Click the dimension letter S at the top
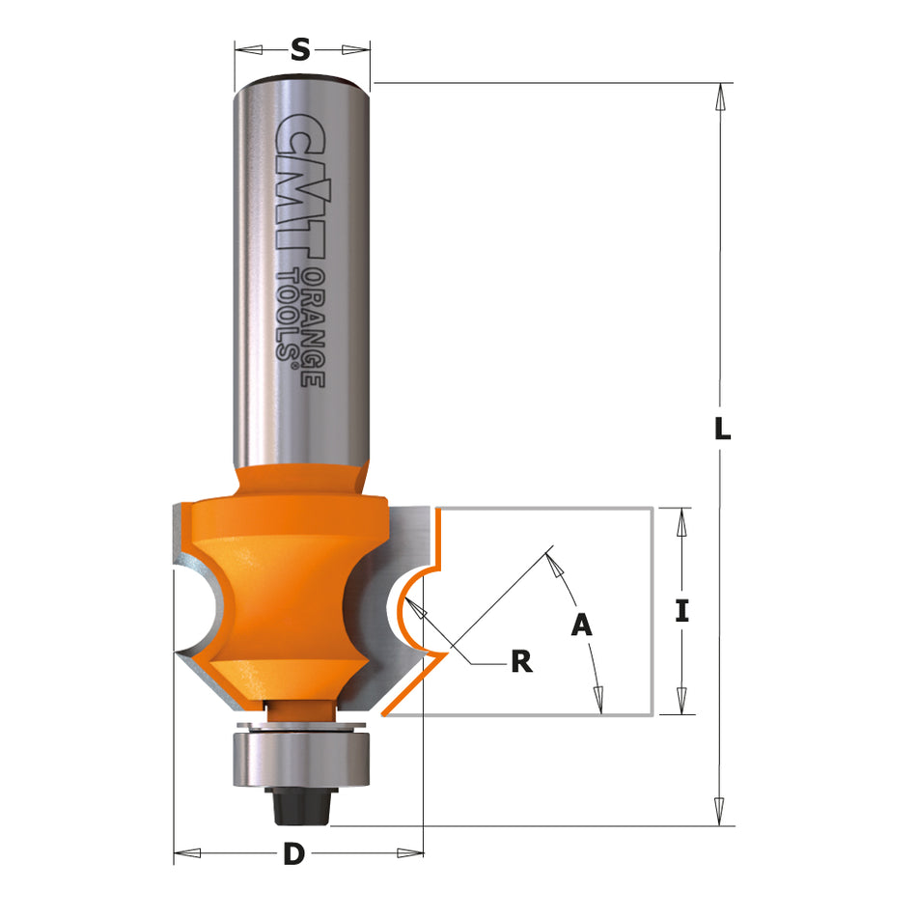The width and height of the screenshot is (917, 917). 301,50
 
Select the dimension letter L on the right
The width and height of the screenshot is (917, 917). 721,429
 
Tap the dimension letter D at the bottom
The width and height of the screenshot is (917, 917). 294,853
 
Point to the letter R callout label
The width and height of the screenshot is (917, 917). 521,661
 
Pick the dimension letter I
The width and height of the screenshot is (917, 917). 681,610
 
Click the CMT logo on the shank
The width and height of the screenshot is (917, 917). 301,183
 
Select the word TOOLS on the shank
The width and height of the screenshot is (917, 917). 287,314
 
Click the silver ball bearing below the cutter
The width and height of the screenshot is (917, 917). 302,758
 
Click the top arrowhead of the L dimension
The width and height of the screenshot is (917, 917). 720,97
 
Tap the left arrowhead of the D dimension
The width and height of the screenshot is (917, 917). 186,853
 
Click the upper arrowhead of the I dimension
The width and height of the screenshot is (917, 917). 681,521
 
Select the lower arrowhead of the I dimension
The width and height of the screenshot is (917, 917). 681,700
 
